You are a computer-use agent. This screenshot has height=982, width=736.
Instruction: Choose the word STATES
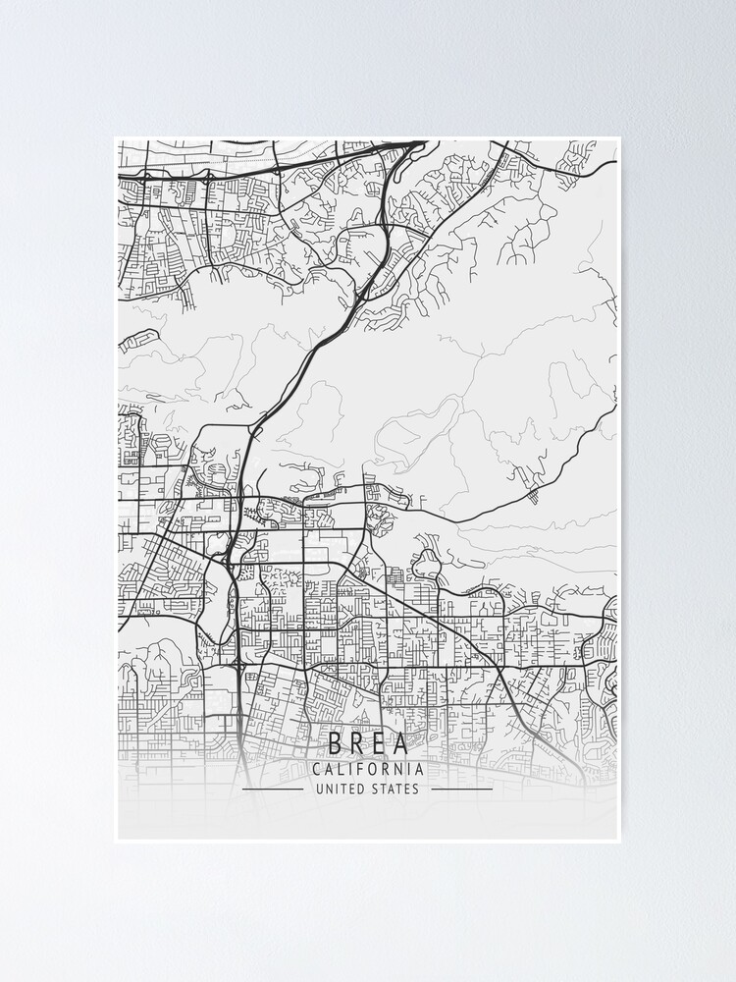click(395, 789)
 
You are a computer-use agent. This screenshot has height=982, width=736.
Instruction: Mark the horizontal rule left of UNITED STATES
click(273, 789)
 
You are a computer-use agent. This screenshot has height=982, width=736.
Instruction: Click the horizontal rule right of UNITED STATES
click(462, 789)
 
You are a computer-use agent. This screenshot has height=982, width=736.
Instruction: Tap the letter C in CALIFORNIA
click(316, 770)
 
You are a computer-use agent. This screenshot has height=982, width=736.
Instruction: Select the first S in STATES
click(374, 789)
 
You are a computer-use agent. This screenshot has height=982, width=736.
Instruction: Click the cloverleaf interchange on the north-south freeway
click(240, 665)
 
